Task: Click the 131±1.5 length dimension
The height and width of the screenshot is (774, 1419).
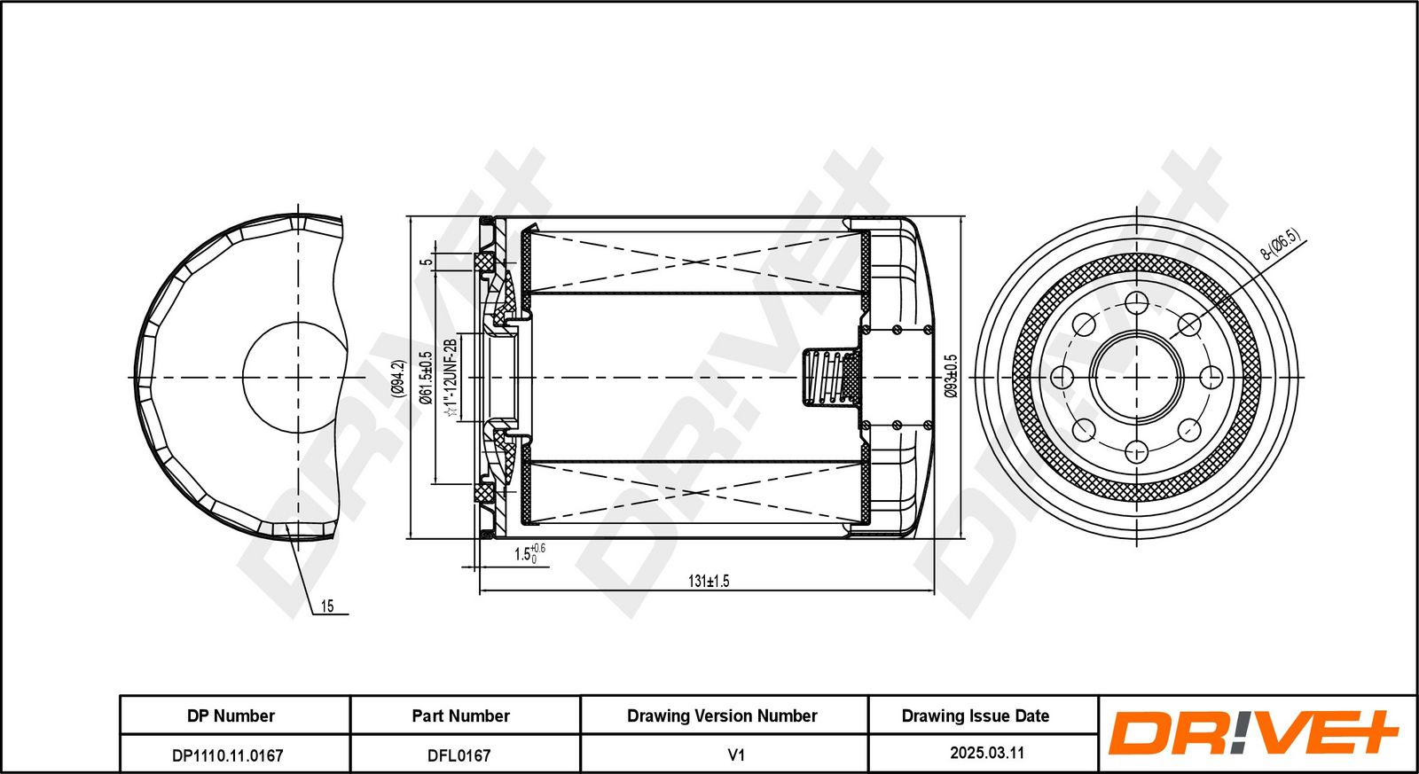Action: [709, 582]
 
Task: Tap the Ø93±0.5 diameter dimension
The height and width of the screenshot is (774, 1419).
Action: [951, 377]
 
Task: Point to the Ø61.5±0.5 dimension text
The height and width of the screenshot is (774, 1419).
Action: [426, 377]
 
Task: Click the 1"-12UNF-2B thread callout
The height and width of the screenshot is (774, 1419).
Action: [451, 377]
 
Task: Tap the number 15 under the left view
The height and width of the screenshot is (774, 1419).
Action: [327, 606]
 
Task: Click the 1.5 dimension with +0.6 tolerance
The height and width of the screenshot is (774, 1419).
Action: [529, 554]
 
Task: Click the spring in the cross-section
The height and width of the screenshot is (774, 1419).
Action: [832, 378]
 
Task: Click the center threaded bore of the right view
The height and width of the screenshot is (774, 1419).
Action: [1137, 378]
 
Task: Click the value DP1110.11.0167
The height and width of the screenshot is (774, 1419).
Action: [228, 755]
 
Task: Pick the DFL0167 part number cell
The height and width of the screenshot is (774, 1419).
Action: [459, 755]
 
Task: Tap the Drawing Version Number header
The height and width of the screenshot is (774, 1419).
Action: [722, 715]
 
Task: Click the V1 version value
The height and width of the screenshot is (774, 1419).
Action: [736, 755]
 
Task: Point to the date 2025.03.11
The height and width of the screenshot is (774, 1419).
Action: [987, 753]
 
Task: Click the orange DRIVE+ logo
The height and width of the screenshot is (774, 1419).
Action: [1252, 733]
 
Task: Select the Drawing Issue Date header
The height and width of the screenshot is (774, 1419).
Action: [975, 715]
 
